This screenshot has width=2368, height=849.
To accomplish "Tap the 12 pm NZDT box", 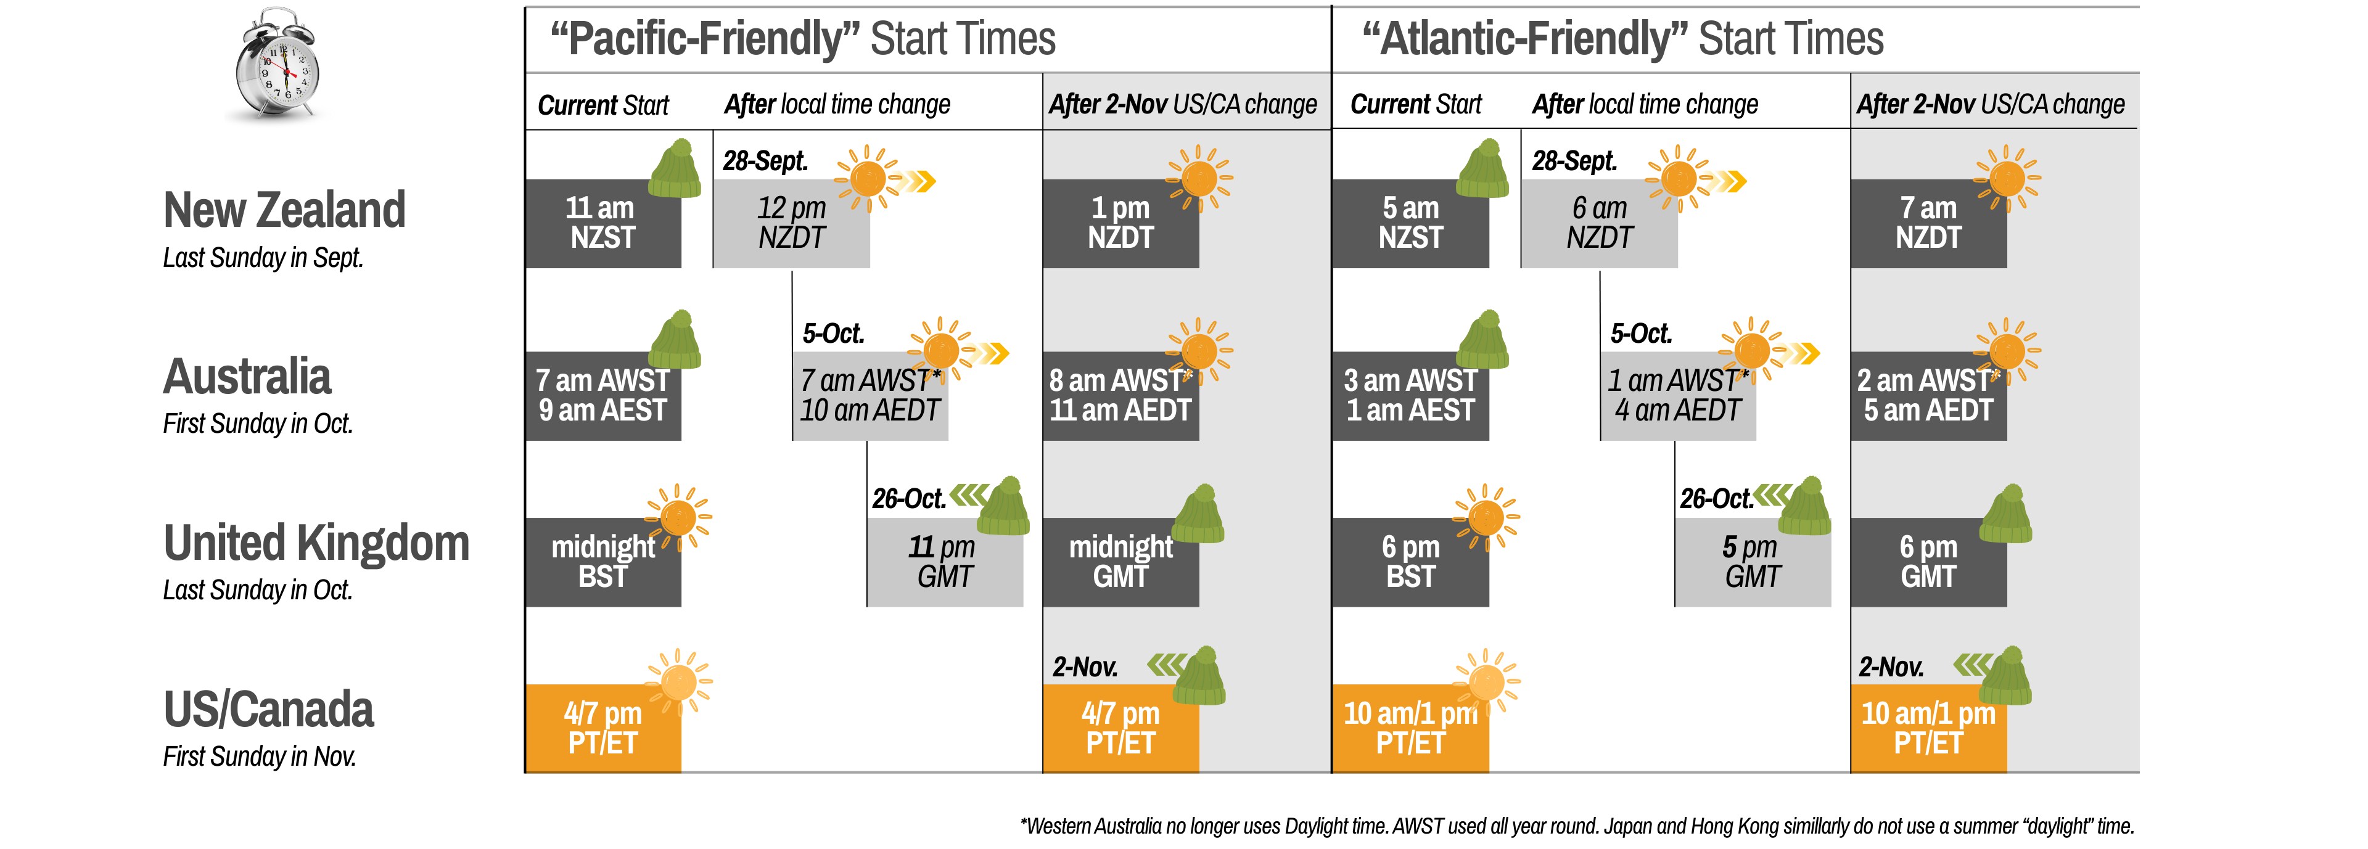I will coord(791,223).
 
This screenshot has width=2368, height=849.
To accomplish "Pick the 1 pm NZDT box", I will coord(1120,223).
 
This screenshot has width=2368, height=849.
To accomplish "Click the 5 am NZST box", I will coord(1410,223).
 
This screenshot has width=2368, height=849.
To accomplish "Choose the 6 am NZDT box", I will coord(1600,223).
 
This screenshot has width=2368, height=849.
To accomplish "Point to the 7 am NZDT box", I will coord(1928,223).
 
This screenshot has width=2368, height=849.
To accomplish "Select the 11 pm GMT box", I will coord(944,562).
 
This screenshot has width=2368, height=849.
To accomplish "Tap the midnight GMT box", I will coord(1120,562).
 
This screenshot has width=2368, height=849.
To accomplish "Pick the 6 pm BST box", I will coord(1410,562).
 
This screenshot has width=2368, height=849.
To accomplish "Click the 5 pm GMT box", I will coord(1752,562).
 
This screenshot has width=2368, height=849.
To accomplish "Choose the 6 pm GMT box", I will coord(1928,562).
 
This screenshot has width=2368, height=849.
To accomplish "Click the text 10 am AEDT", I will coord(869,411).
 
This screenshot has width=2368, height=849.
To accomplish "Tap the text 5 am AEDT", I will coord(1928,411).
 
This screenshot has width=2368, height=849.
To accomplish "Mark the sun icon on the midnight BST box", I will coord(678,517).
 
